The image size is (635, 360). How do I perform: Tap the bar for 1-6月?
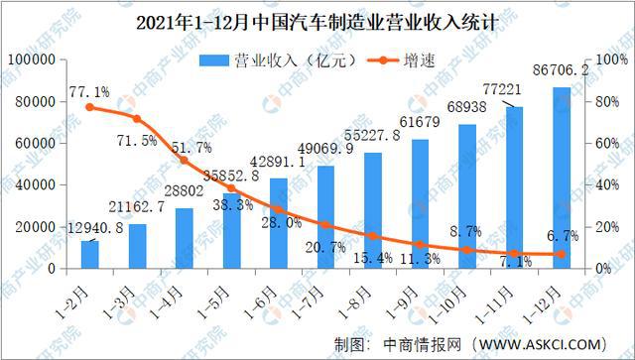pos(279,223)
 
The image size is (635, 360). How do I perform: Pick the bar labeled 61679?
pos(420,203)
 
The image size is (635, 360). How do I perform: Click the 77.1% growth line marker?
pos(90,107)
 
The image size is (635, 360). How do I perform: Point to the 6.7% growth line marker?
pos(562,254)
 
